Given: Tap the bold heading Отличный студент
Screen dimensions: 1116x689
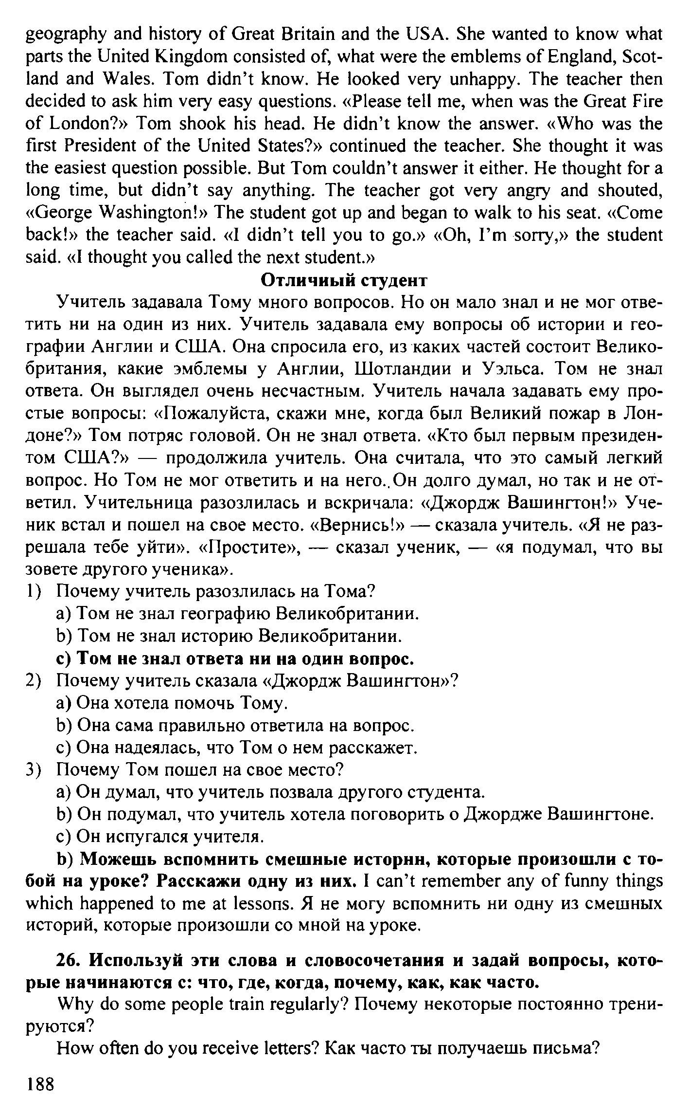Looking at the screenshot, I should point(344,280).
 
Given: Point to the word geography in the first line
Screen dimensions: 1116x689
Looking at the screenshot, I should point(66,35).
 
